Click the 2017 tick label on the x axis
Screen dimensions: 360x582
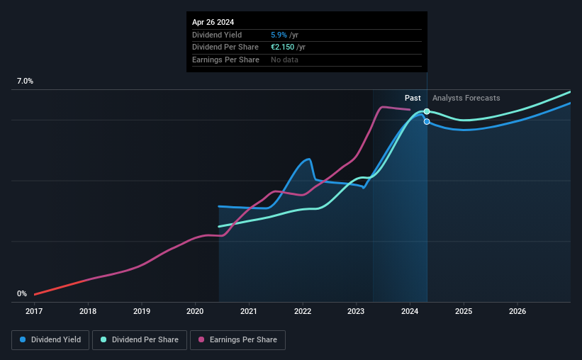point(35,311)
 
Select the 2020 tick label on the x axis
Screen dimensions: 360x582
point(196,311)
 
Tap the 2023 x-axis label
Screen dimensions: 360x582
point(356,311)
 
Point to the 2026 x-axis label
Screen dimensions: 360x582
point(517,311)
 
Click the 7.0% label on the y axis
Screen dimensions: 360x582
point(25,81)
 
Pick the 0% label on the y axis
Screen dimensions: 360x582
point(22,293)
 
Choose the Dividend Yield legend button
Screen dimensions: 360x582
point(50,340)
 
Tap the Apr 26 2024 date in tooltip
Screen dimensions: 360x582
point(213,22)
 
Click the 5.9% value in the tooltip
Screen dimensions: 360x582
point(279,35)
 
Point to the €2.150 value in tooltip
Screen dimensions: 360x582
point(282,47)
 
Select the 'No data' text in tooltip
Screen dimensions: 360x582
point(284,60)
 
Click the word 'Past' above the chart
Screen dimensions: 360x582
point(413,98)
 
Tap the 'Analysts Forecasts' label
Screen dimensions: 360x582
point(466,98)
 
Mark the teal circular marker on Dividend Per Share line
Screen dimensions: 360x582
point(427,112)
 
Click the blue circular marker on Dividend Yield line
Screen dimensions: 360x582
point(427,122)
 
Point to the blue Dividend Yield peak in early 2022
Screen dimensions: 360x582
point(308,159)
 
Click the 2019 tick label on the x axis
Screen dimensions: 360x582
point(142,311)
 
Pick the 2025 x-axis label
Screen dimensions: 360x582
point(464,311)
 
